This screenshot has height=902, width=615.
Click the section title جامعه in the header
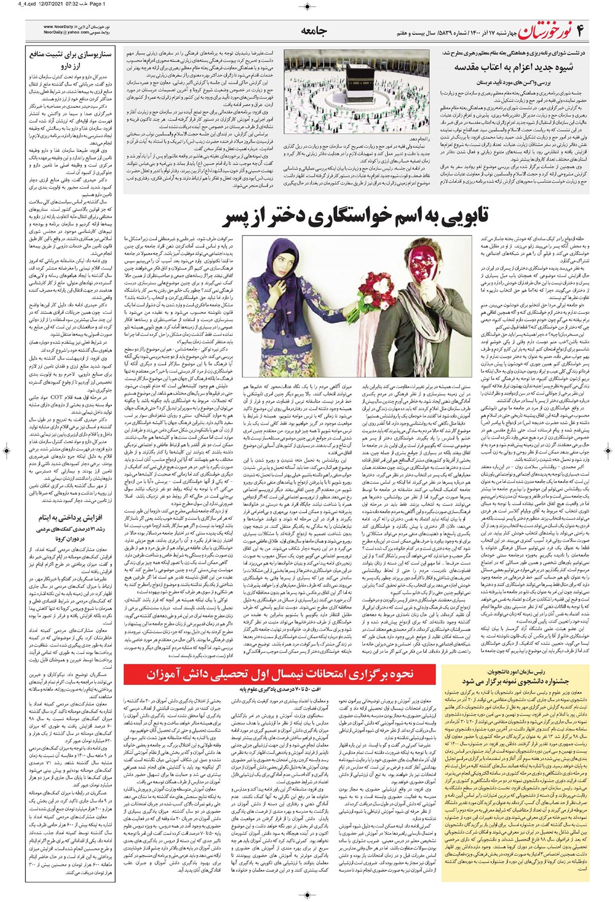tap(314, 31)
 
